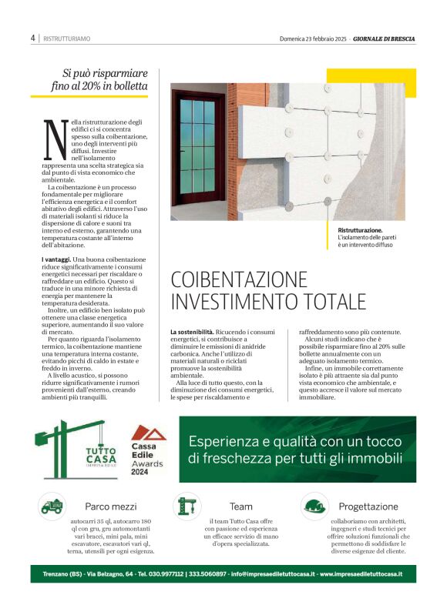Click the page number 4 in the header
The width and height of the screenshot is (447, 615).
[x=33, y=38]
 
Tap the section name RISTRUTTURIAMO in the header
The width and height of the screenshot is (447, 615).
[x=67, y=38]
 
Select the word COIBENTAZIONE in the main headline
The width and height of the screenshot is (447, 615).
[x=239, y=279]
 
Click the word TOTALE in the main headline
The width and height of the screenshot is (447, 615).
[x=331, y=301]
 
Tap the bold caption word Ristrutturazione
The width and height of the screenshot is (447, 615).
[x=360, y=230]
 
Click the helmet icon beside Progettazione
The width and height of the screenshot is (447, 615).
[x=313, y=506]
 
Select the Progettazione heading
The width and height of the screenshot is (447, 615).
[x=368, y=506]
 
